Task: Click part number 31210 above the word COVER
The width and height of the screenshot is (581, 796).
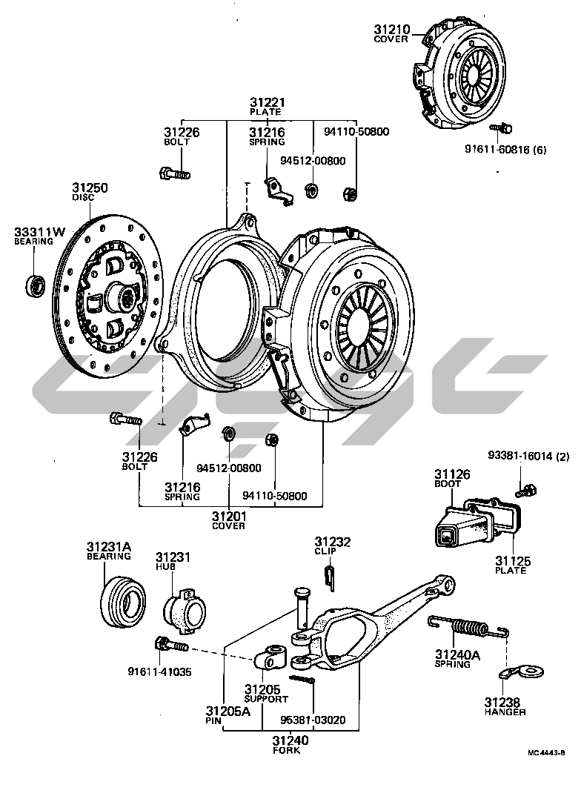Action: [392, 30]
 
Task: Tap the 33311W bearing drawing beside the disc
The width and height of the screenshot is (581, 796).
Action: [36, 286]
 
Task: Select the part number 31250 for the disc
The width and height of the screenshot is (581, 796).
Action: [90, 188]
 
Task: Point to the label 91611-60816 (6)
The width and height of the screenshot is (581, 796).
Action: [505, 150]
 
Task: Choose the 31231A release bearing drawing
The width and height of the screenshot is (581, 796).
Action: [123, 603]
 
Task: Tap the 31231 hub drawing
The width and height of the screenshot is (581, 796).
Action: [185, 610]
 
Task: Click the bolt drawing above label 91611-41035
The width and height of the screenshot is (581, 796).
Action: [171, 646]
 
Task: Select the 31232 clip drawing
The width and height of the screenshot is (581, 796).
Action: [329, 577]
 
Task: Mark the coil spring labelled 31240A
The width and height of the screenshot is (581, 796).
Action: [469, 628]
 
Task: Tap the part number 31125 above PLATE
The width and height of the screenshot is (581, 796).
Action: [513, 561]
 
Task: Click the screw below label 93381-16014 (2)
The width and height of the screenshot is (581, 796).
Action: [526, 491]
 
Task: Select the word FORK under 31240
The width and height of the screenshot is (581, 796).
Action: [286, 750]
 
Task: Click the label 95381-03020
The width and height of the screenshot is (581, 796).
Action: [313, 720]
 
